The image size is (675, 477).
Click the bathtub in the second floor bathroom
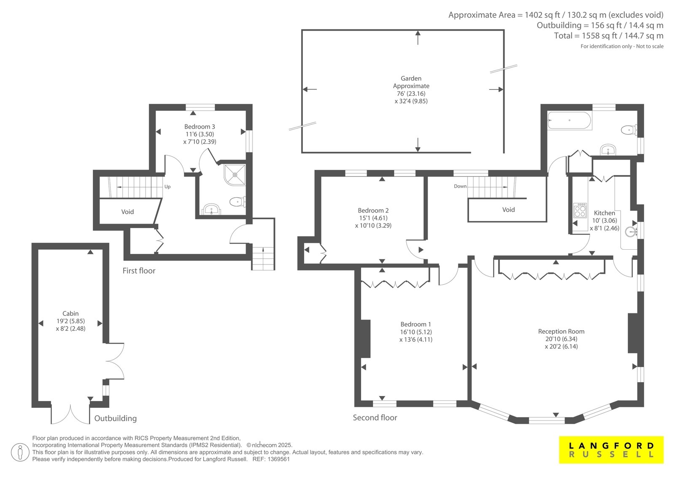click(x=569, y=121)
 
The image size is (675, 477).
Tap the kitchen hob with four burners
click(x=580, y=210)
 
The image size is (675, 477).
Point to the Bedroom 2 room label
click(x=373, y=210)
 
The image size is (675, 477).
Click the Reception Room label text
click(x=561, y=331)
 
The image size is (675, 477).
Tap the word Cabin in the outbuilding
click(x=70, y=313)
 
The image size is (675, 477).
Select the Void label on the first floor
click(x=127, y=212)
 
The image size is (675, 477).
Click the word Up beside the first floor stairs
click(x=167, y=187)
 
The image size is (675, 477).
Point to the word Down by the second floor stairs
click(x=460, y=186)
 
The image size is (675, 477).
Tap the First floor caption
click(x=139, y=271)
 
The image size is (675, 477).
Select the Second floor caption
click(x=375, y=418)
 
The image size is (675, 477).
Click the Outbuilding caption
click(x=116, y=418)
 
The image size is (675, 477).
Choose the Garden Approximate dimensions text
click(x=411, y=97)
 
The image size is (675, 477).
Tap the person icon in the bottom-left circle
click(x=20, y=453)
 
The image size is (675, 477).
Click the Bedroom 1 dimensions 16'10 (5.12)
click(x=416, y=332)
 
